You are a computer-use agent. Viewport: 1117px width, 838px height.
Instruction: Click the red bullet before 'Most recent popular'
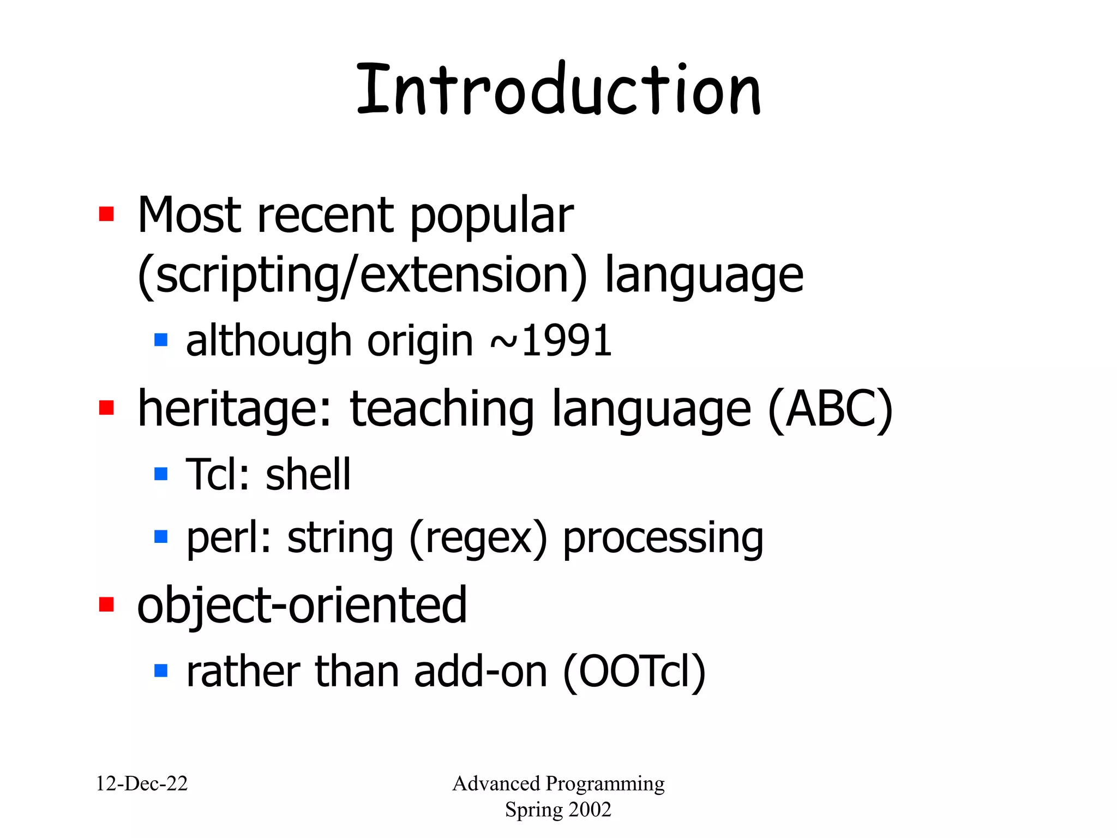[x=106, y=214]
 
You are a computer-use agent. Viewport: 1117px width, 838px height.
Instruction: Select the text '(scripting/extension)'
[x=363, y=276]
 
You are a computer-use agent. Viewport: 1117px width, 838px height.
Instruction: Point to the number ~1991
[x=551, y=342]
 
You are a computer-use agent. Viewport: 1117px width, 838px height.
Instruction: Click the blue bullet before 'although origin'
[x=161, y=340]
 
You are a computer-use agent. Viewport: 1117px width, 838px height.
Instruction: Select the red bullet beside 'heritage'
[x=106, y=408]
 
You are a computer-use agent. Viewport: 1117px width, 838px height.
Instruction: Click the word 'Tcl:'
[x=218, y=474]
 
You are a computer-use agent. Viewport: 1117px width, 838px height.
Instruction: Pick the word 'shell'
[x=308, y=474]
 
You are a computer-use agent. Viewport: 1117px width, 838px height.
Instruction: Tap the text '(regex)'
[x=478, y=538]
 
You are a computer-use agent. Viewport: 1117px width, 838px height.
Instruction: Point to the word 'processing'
[x=663, y=538]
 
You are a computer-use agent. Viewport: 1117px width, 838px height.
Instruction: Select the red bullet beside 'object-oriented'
[x=106, y=604]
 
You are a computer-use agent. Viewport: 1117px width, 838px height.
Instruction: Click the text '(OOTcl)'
[x=634, y=672]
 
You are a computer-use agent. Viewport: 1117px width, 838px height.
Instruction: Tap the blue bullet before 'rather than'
[x=161, y=670]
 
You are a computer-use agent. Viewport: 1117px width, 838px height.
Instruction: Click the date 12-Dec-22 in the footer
[x=142, y=783]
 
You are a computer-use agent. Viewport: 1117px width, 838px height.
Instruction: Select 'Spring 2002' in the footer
[x=558, y=810]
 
